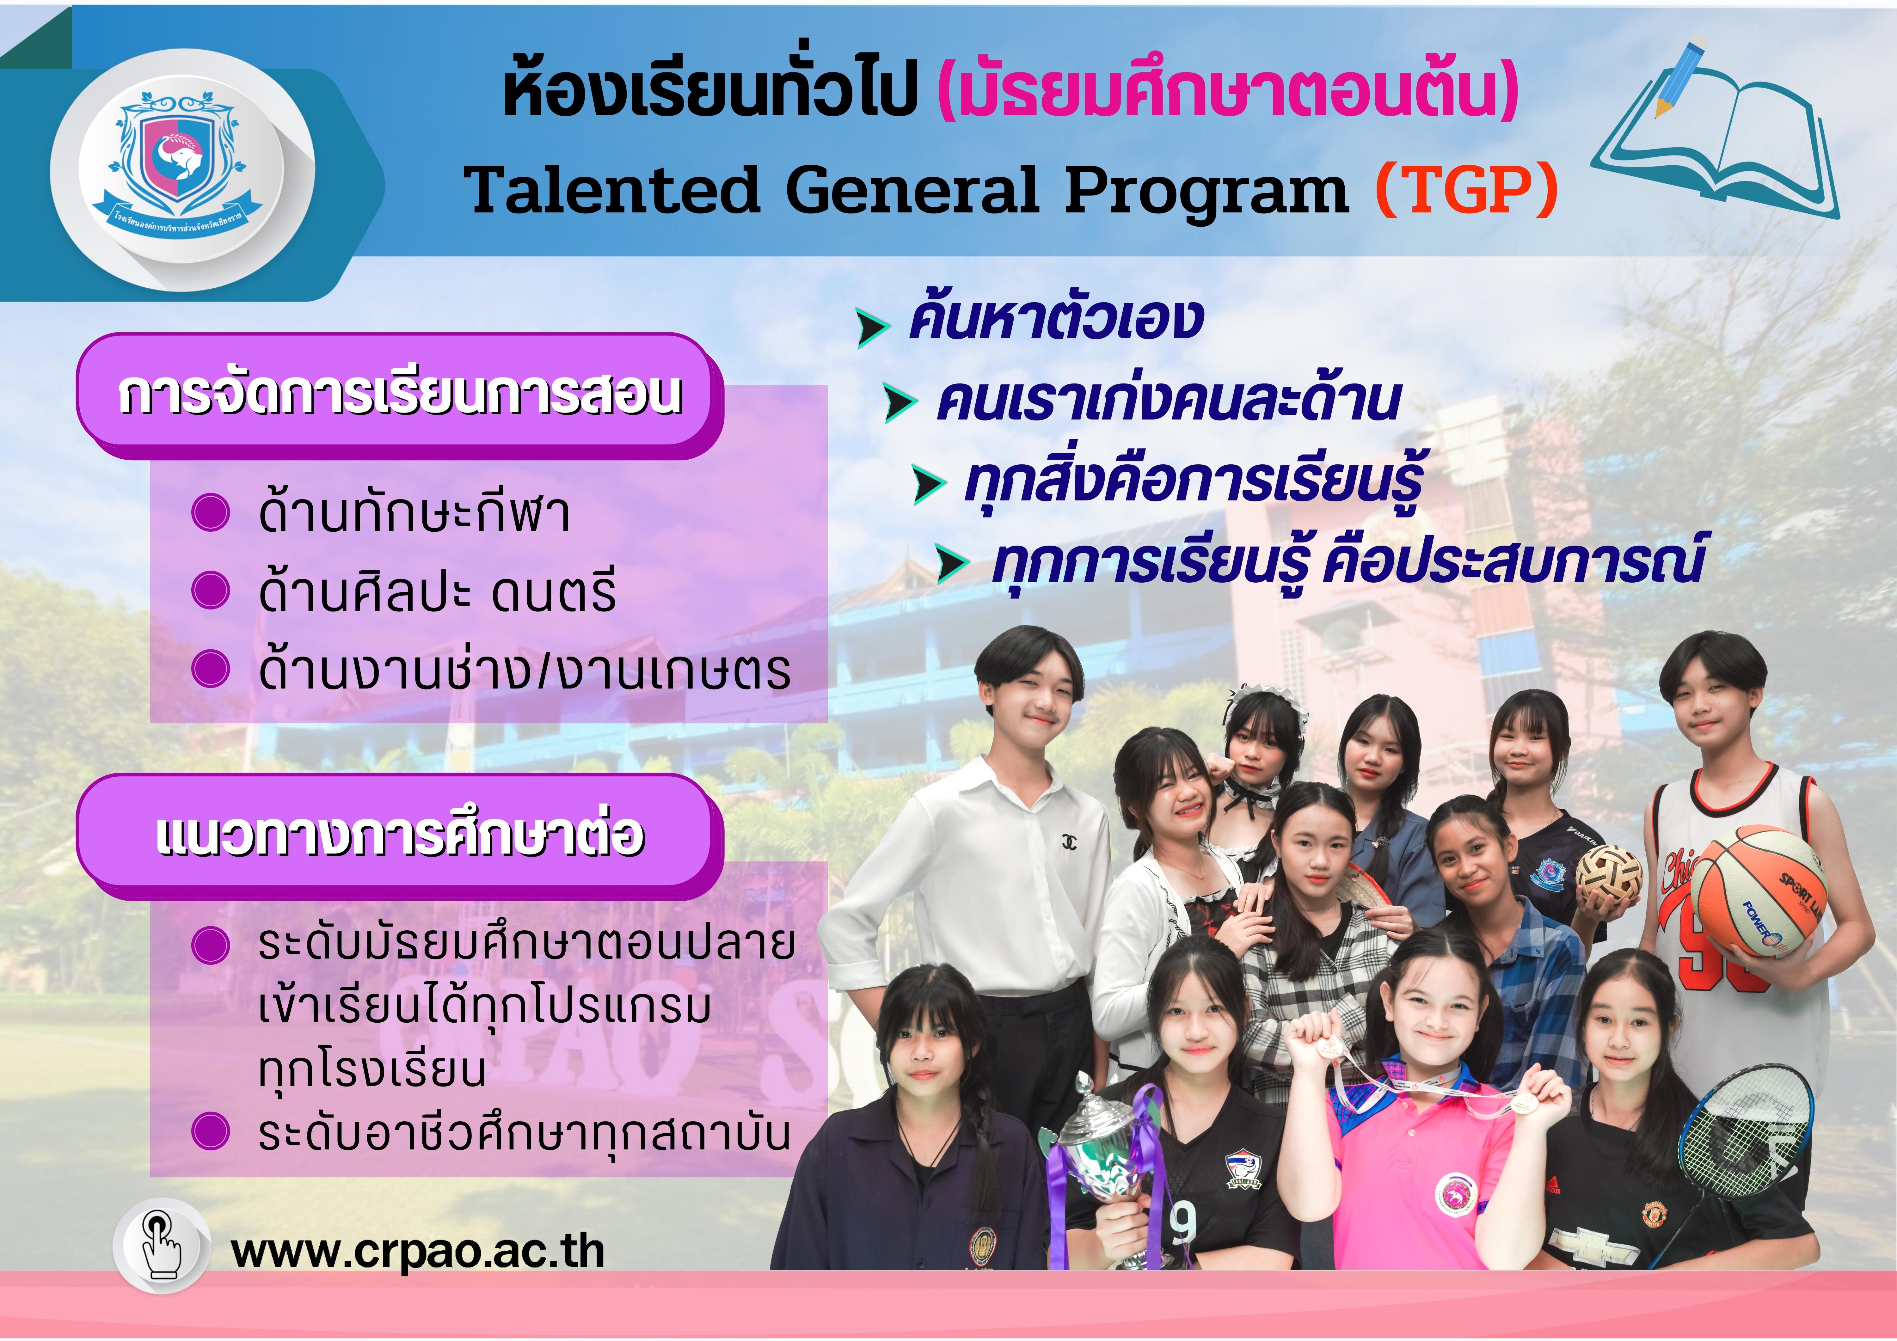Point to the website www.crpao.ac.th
click(x=418, y=1252)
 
